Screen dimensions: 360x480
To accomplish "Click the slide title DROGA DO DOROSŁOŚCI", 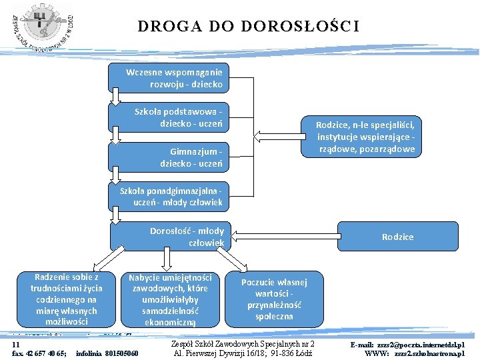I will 248,27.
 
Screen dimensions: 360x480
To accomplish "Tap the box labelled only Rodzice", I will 397,237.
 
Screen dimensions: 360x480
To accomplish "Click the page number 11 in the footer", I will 15,343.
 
